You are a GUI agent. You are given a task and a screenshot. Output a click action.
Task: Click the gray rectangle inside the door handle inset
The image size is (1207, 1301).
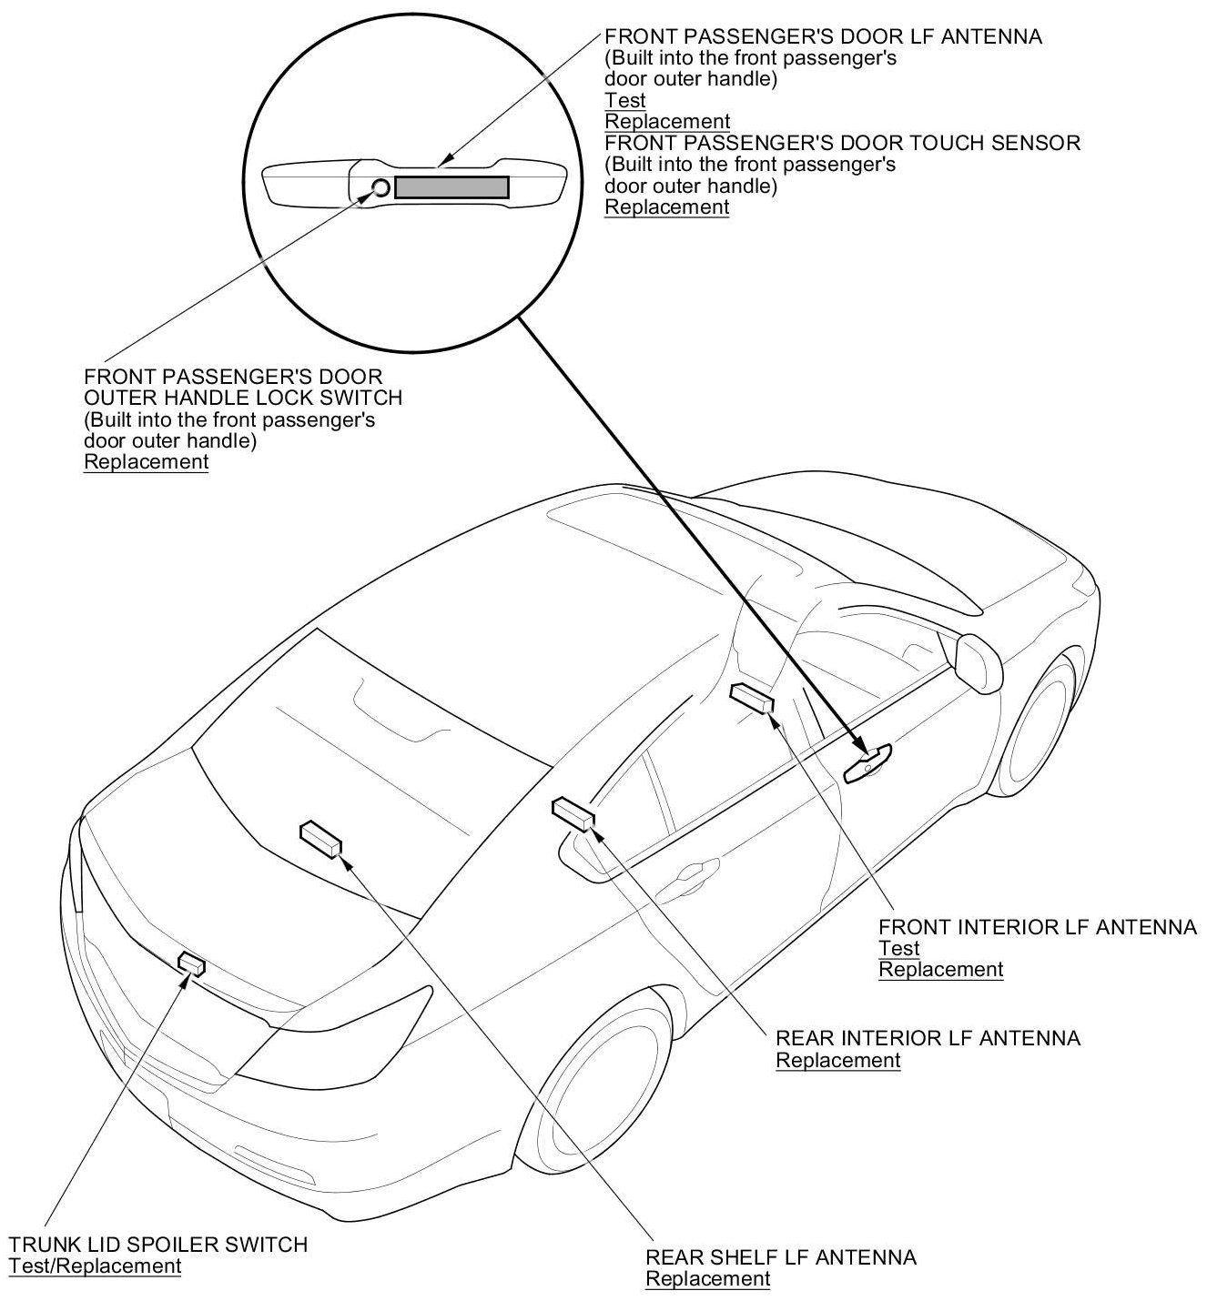pyautogui.click(x=451, y=187)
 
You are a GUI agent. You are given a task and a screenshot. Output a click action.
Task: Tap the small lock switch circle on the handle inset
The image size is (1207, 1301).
pyautogui.click(x=380, y=188)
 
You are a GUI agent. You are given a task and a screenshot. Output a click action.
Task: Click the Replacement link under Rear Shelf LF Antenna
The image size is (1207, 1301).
pyautogui.click(x=707, y=1279)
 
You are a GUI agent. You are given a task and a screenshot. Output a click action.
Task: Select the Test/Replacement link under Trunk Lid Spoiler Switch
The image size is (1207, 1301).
pyautogui.click(x=95, y=1266)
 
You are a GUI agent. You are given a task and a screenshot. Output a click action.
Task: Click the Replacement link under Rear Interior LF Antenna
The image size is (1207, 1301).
pyautogui.click(x=837, y=1060)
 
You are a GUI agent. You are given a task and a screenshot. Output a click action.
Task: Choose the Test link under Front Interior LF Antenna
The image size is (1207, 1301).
pyautogui.click(x=898, y=948)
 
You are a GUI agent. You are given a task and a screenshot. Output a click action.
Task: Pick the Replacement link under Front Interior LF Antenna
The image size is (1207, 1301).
pyautogui.click(x=940, y=970)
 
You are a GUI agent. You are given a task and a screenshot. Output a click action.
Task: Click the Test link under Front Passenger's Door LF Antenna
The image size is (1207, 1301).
pyautogui.click(x=625, y=100)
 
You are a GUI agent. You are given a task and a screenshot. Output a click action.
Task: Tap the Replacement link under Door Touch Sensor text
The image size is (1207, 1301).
pyautogui.click(x=666, y=207)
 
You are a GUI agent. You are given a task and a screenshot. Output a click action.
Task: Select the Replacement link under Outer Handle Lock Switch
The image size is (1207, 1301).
pyautogui.click(x=146, y=461)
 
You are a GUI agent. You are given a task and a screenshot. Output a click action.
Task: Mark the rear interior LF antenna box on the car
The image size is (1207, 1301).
pyautogui.click(x=573, y=812)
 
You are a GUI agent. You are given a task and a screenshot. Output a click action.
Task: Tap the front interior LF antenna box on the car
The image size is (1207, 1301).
pyautogui.click(x=751, y=698)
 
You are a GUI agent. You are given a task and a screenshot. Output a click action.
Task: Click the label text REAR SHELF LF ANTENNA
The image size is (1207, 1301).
pyautogui.click(x=780, y=1257)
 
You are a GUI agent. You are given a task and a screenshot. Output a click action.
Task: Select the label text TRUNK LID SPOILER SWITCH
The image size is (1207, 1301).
pyautogui.click(x=158, y=1244)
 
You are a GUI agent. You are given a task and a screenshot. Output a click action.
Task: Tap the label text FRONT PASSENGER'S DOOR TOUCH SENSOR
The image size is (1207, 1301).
pyautogui.click(x=842, y=143)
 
